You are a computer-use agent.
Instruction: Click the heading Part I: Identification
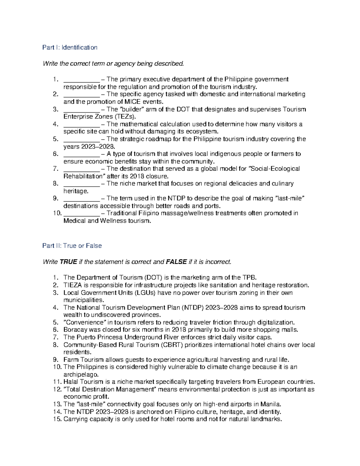(x=70, y=47)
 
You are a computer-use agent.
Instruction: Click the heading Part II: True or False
(x=72, y=246)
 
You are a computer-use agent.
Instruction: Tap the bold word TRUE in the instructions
(x=68, y=262)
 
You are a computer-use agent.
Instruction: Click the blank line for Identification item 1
(x=81, y=80)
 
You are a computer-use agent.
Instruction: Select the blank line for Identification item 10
(x=82, y=214)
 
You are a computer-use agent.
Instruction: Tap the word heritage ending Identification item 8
(x=75, y=191)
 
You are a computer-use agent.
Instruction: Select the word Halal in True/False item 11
(x=71, y=382)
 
